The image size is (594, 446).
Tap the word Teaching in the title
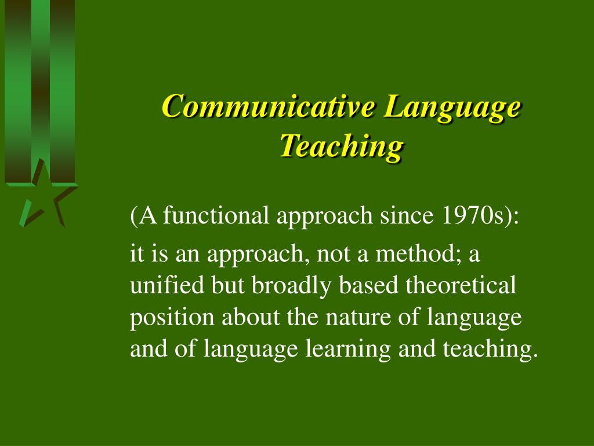click(341, 145)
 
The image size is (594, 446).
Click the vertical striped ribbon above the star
click(39, 87)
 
